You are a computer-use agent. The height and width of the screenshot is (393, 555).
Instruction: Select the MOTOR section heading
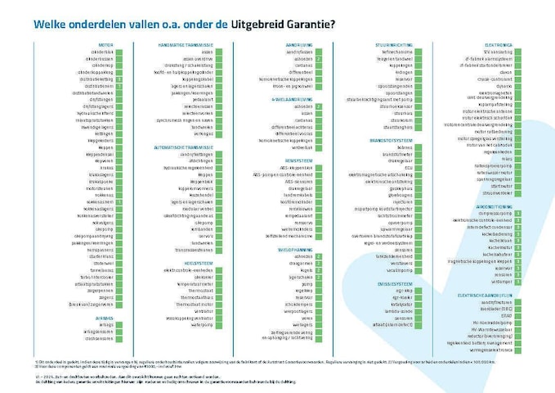coord(105,44)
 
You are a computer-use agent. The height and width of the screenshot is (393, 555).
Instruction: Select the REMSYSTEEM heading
coord(300,160)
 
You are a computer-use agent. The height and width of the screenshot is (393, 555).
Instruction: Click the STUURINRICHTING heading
coord(392,44)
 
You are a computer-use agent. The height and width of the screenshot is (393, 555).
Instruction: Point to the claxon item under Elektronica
coord(504,71)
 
